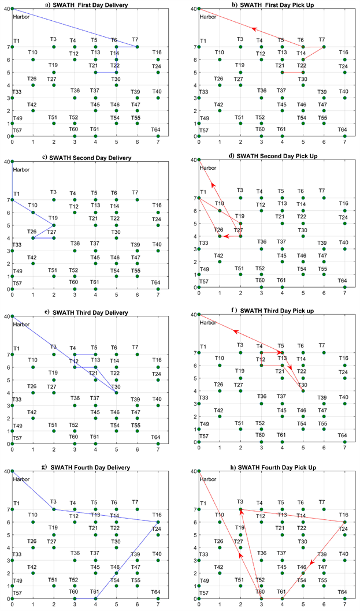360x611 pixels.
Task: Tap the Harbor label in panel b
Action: pos(208,17)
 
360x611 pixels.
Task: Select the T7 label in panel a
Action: pos(135,39)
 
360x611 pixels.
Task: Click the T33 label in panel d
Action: pos(204,243)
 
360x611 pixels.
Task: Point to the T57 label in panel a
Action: pos(17,131)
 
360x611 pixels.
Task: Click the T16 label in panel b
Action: pos(343,53)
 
